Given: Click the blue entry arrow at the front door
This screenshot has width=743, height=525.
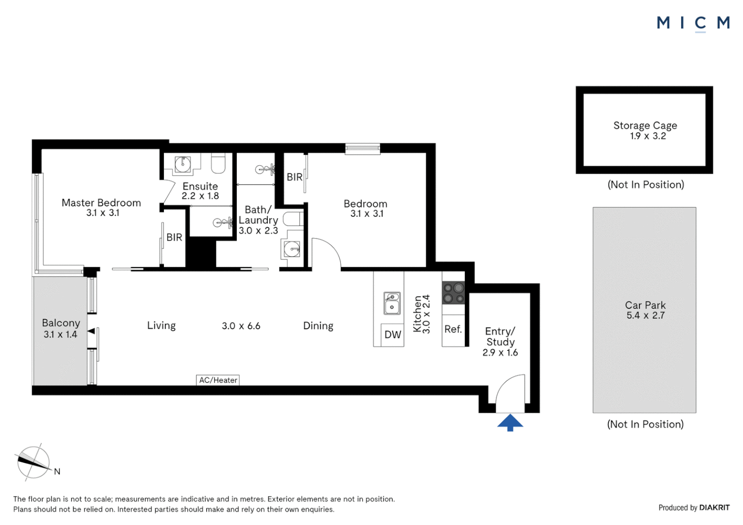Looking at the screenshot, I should tap(510, 422).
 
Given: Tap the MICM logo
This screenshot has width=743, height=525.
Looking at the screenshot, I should tap(693, 23).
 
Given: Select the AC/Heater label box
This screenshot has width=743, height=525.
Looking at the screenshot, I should tap(218, 380).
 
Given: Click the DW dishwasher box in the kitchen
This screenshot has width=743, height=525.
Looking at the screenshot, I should tap(392, 334).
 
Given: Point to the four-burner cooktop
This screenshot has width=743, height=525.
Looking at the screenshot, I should tap(453, 293).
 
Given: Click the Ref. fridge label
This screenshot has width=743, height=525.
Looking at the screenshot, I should tap(453, 329).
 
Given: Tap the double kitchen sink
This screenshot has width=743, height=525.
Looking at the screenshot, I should tap(392, 303).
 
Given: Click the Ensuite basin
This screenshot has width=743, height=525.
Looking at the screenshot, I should tap(183, 164).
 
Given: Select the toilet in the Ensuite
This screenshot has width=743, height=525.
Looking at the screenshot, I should tap(218, 164).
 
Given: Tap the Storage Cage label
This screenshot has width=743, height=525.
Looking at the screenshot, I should tap(645, 125).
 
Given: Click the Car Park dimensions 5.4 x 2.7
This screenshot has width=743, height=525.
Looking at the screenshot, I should tap(645, 315).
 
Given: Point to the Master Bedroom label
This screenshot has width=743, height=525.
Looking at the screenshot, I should tap(101, 203).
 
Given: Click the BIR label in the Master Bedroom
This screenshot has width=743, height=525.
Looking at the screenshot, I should tap(174, 237).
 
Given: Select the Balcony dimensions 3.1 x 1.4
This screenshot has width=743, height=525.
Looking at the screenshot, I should tap(60, 334).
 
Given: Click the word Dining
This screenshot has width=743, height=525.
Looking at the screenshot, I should tap(318, 326).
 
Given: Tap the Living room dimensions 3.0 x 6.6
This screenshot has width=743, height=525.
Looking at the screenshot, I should tap(241, 326).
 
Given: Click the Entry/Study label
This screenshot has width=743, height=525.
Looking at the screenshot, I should tap(500, 336).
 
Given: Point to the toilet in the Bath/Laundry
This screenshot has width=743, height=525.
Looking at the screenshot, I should tap(293, 219).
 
